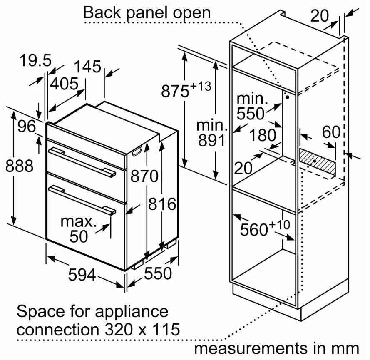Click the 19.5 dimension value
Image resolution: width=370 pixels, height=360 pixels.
(35, 60)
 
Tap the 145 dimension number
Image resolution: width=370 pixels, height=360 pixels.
(87, 66)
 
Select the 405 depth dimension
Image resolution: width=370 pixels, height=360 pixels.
(64, 84)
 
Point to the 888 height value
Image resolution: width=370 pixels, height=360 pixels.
(19, 166)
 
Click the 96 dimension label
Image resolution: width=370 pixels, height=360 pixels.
(27, 126)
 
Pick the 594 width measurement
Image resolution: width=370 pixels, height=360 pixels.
(82, 275)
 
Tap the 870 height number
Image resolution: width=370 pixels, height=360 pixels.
(144, 176)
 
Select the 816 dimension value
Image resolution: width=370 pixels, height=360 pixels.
(162, 204)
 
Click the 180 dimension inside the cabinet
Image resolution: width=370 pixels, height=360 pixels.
(262, 135)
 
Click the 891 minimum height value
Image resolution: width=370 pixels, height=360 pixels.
(212, 140)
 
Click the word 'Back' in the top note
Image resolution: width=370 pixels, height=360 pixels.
(102, 12)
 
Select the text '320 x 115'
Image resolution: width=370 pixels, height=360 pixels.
(142, 329)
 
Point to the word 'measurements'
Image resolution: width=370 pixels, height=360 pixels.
(250, 348)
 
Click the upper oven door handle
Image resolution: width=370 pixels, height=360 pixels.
(82, 162)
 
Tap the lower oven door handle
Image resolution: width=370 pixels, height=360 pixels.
(82, 200)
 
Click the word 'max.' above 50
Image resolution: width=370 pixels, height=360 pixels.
(79, 222)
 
